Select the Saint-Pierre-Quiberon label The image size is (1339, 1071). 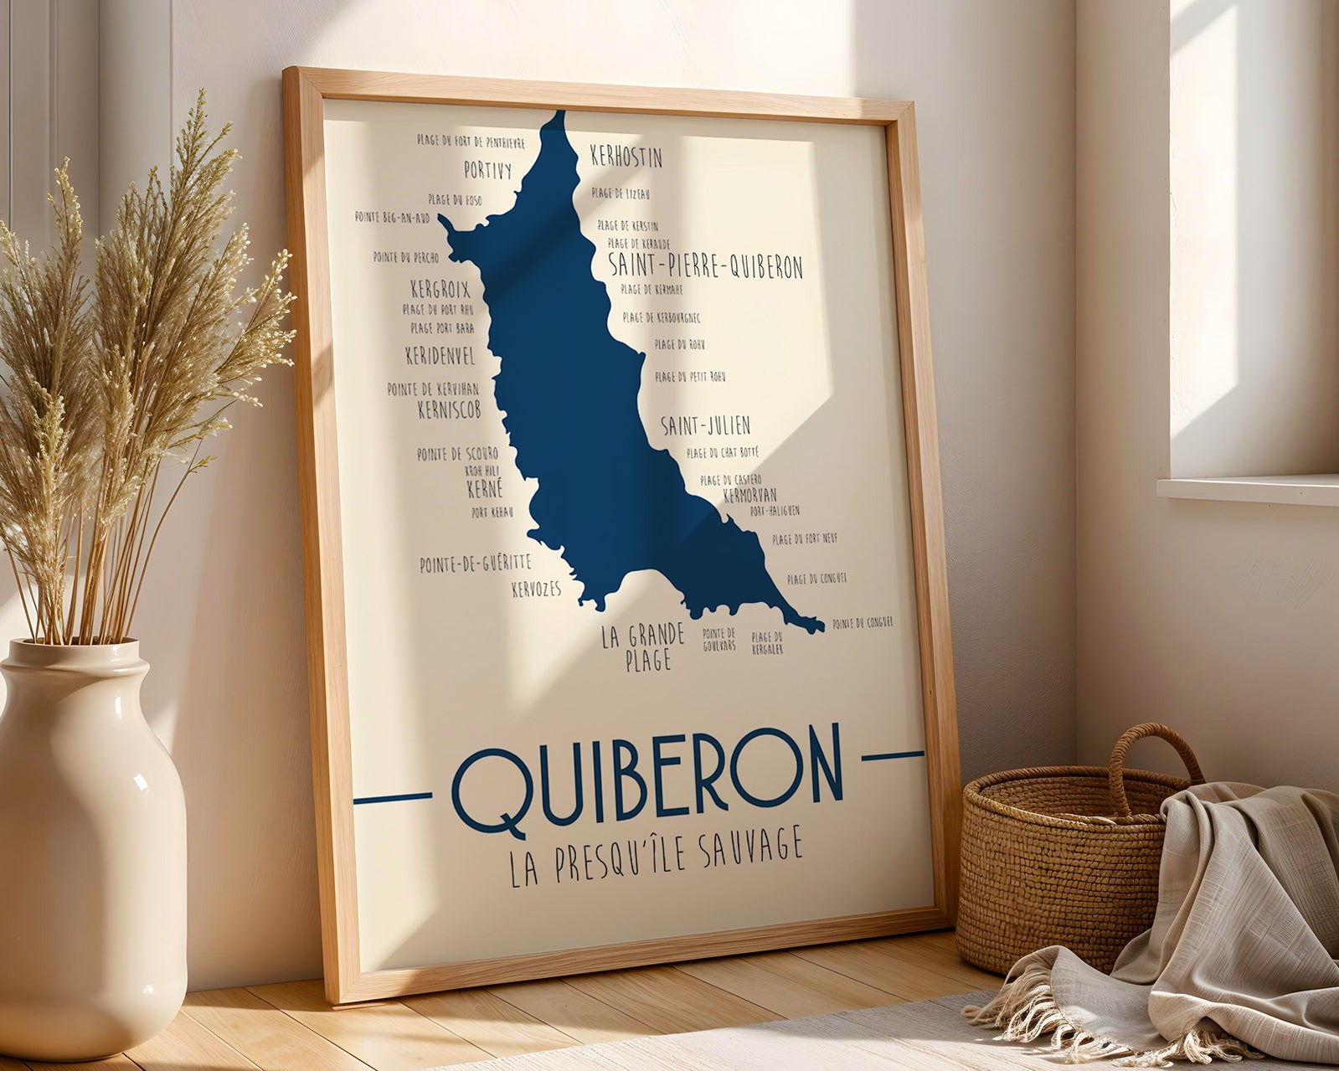click(705, 265)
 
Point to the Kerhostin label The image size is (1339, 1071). click(626, 157)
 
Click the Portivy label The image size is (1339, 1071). click(487, 171)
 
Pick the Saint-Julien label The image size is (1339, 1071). click(705, 425)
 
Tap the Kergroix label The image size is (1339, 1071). click(440, 290)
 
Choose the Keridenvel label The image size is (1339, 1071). click(440, 355)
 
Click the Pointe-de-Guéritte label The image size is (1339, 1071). click(475, 564)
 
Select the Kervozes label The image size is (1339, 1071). click(536, 590)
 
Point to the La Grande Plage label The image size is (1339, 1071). click(643, 646)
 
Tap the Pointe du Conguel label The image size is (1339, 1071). click(863, 622)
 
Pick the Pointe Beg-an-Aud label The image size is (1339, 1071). click(391, 217)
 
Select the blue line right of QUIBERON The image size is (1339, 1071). click(892, 755)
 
